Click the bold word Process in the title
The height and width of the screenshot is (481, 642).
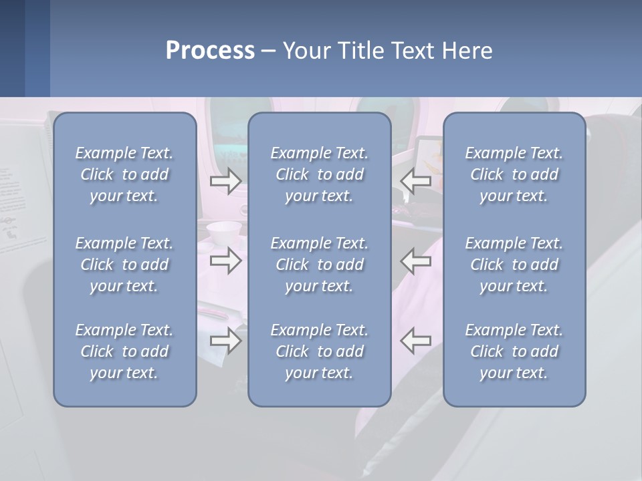coord(210,51)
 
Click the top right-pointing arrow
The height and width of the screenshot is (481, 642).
coord(225,181)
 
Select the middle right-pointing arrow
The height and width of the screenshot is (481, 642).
coord(225,261)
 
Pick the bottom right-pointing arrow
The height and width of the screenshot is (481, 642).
coord(225,341)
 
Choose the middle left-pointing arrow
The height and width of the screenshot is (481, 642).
coord(416,261)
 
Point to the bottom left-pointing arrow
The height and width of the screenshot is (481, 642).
coord(416,341)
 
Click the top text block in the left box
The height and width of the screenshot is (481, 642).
coord(124,174)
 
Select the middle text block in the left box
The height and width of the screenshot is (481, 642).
coord(124,265)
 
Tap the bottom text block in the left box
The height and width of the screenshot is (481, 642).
coord(124,351)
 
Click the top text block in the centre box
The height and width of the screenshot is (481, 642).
coord(320,174)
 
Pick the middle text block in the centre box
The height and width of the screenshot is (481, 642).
coord(320,265)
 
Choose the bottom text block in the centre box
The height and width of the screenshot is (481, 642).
coord(320,351)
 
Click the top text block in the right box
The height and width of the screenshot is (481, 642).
coord(514,174)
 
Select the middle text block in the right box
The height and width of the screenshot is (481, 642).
coord(514,265)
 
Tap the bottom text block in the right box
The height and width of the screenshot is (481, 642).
coord(514,351)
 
